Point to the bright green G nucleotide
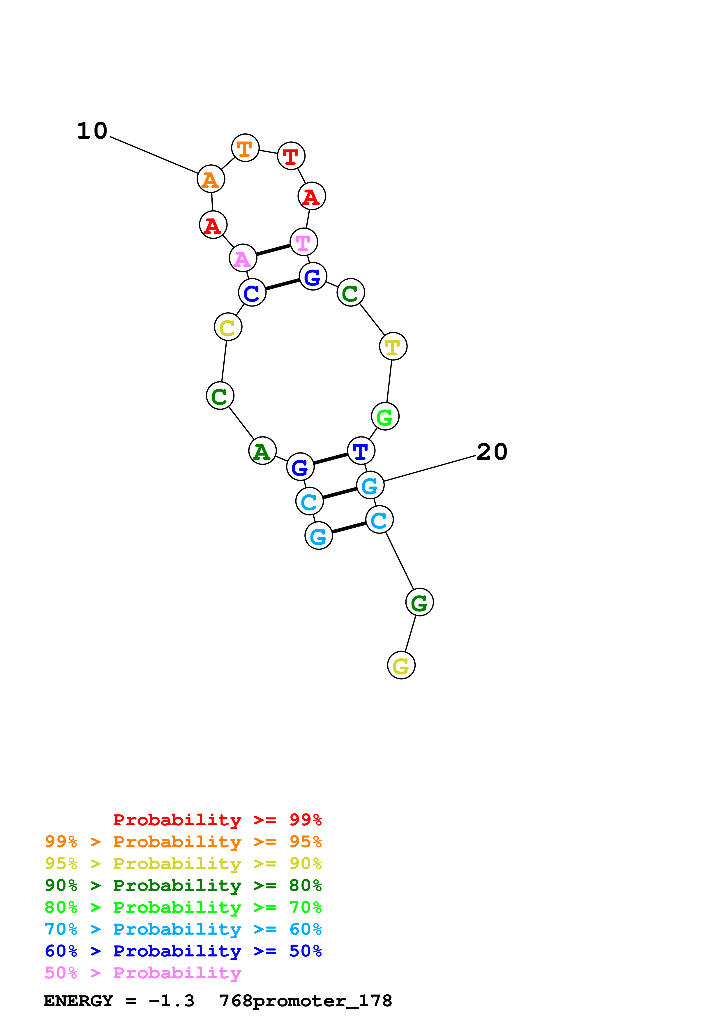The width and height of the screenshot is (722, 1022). (x=385, y=417)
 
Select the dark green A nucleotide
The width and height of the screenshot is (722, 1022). (x=262, y=451)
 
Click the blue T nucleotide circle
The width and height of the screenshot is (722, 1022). (x=361, y=451)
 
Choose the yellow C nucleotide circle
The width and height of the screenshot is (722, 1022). (x=228, y=327)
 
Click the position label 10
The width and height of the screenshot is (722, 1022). (x=92, y=131)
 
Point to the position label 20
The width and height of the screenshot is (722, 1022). (x=492, y=452)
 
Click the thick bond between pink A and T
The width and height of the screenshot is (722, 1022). (x=273, y=250)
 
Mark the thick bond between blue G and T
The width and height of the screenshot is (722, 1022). (x=331, y=459)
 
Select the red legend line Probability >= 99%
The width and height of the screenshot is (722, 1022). (x=217, y=820)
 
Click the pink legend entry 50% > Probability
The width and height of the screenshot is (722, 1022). (x=143, y=973)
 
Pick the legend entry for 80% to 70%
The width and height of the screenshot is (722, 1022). (x=183, y=907)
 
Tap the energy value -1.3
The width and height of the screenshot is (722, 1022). (x=171, y=1001)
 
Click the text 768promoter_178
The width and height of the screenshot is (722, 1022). (x=306, y=1001)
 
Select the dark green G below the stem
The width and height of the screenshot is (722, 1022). (x=419, y=602)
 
